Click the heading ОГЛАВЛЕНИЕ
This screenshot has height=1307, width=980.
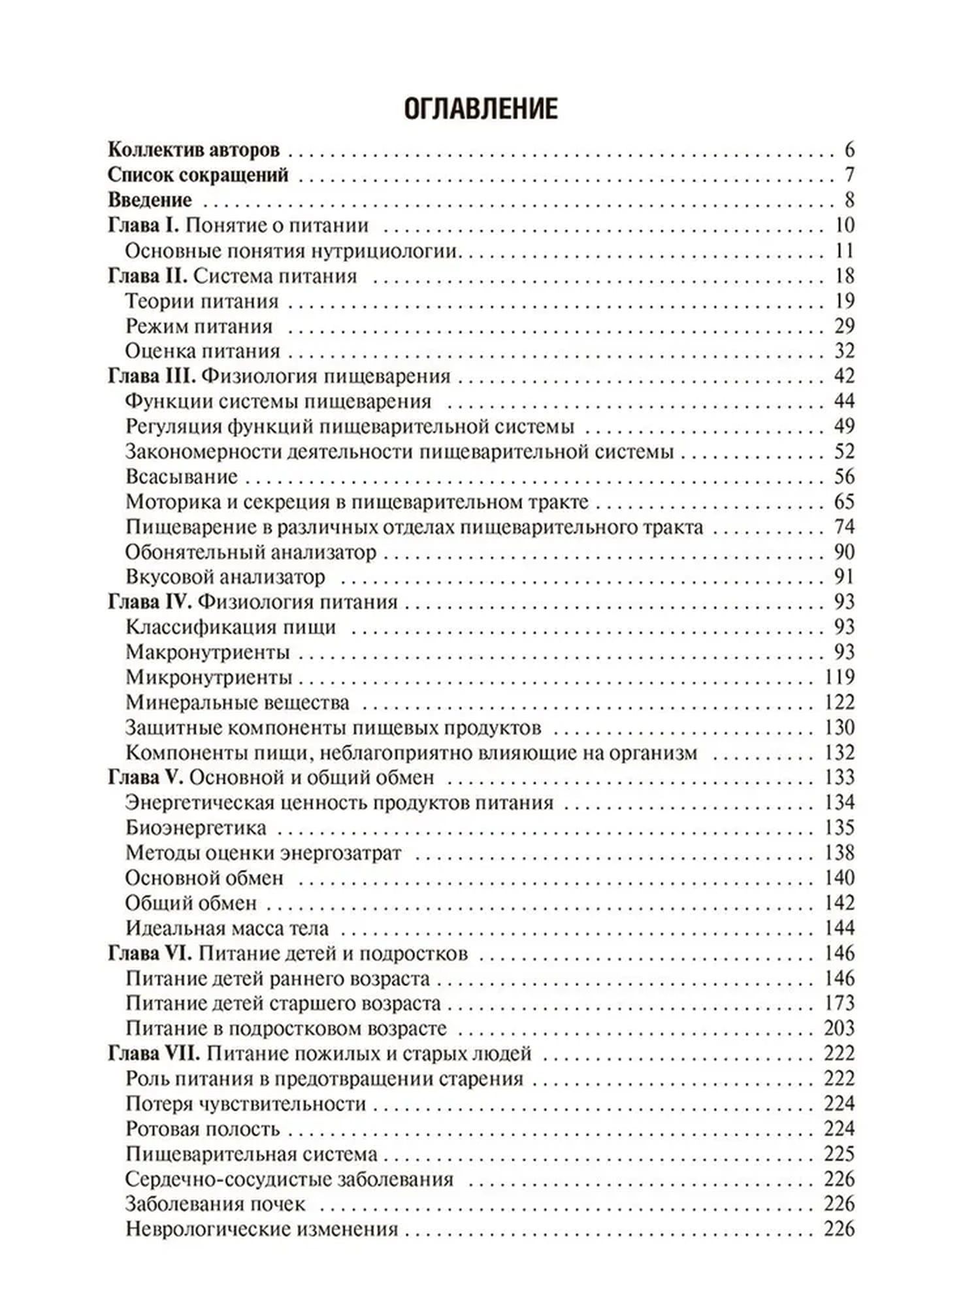481,108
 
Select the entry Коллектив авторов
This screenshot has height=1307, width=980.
193,150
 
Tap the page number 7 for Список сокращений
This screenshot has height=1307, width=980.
849,175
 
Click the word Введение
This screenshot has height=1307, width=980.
150,200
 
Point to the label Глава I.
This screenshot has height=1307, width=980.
143,225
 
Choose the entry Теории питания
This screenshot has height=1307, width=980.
202,301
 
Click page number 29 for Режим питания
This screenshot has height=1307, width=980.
844,326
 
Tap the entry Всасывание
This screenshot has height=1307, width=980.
181,476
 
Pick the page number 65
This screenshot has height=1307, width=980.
844,502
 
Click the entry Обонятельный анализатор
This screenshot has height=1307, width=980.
251,552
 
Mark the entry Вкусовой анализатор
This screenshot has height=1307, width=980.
225,578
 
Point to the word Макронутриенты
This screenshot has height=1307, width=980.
207,652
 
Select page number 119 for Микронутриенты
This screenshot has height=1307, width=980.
840,677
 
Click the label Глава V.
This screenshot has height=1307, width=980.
145,778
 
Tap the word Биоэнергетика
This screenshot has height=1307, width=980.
196,828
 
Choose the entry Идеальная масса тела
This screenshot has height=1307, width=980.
227,928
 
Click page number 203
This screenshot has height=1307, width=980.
839,1028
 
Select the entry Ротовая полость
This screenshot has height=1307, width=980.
203,1129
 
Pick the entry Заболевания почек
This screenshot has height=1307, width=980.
215,1204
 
